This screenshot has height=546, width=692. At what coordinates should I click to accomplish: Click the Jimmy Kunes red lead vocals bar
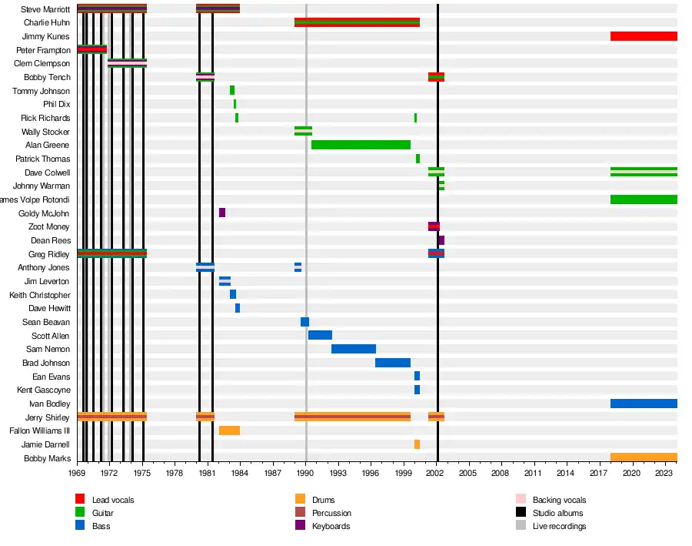pos(644,36)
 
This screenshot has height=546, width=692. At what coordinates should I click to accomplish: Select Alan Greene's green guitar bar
pos(361,145)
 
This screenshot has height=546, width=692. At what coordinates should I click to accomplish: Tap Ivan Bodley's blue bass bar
pos(644,404)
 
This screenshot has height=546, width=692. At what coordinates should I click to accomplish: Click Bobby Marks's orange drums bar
pos(644,457)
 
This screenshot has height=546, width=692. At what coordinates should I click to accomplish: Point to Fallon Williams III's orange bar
pos(229,430)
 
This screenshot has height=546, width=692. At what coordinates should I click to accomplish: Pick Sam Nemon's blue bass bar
pos(354,349)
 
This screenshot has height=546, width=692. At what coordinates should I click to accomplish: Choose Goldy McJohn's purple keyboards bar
pos(222,213)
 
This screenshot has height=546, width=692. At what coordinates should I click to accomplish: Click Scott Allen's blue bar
pos(320,335)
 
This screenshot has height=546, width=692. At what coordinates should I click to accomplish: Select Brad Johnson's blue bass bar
pos(393,363)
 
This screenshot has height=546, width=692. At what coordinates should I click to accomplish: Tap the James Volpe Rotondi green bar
pos(644,199)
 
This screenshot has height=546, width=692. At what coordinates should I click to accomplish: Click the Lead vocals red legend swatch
pos(80,500)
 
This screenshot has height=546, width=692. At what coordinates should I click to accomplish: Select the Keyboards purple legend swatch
pos(300,526)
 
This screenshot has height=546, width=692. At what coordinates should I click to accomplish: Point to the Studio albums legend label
pos(557,513)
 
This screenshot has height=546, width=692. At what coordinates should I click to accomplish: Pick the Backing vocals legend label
pos(559,500)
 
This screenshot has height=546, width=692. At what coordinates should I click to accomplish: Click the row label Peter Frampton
pos(43,50)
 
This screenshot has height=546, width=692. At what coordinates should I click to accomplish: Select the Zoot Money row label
pos(49,226)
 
